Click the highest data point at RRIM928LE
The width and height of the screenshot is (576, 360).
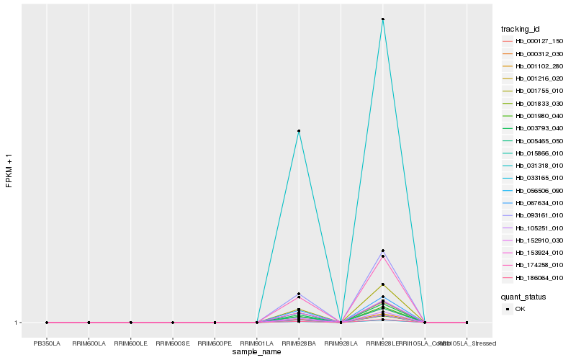[x=383, y=19]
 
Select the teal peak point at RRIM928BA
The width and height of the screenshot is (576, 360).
[x=299, y=131]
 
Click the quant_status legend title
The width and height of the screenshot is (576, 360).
[x=523, y=296]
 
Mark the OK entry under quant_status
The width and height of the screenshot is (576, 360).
[x=520, y=309]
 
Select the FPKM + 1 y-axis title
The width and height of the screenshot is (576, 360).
[x=9, y=171]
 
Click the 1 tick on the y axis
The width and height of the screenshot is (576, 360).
[x=17, y=323]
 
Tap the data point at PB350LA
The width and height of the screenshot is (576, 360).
[x=47, y=323]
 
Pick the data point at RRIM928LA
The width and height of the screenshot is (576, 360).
[x=341, y=323]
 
